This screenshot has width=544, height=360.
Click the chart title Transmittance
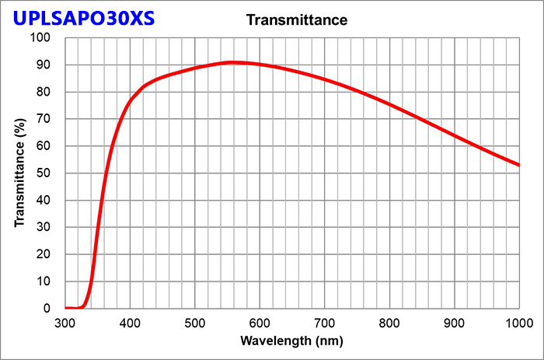[x=296, y=19]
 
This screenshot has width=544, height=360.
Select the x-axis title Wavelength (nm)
[x=291, y=341]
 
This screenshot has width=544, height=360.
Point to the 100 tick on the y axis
[x=40, y=38]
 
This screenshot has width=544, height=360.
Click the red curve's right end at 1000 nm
[x=518, y=165]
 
